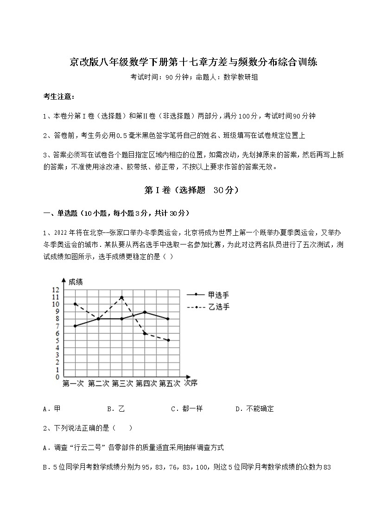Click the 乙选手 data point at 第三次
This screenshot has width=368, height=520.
coord(121,297)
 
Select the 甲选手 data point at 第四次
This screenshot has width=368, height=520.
coord(145,312)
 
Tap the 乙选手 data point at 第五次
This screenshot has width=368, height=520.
coord(168,340)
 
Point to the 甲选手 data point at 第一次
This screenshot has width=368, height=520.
coord(75,326)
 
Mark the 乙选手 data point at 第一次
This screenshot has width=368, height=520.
coord(75,304)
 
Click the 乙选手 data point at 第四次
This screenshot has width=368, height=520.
coord(145,333)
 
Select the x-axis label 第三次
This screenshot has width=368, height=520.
coord(122,383)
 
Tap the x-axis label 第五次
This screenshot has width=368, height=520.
coord(169,383)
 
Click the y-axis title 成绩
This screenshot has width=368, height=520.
coord(76,282)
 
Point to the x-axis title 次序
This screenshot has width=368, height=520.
coord(190,383)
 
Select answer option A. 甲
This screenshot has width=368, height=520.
coord(51,409)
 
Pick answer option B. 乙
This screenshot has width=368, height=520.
coord(116,409)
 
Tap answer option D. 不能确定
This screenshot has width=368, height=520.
coord(254,409)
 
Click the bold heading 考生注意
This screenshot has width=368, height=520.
coord(58,97)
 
